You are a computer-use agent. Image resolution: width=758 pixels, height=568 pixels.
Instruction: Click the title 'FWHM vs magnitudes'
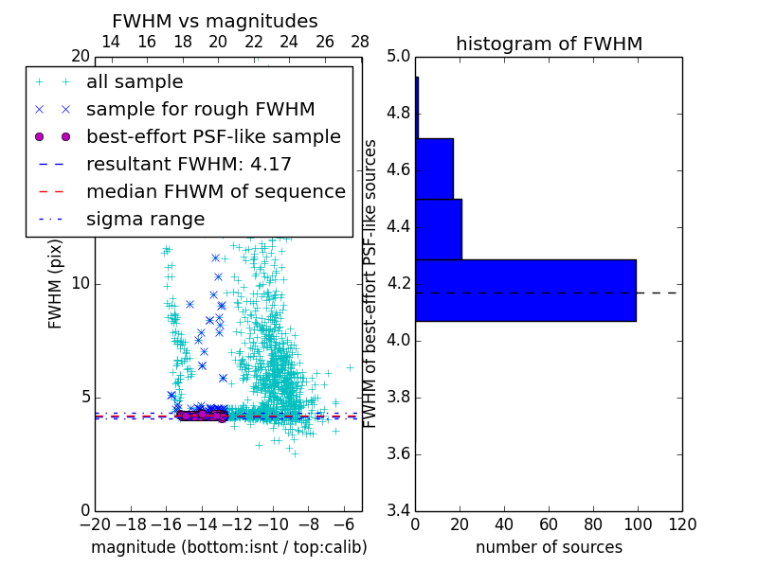(x=215, y=21)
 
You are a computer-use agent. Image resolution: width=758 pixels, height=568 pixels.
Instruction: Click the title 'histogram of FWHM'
(x=549, y=44)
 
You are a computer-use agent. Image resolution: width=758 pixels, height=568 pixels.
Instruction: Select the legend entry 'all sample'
(x=135, y=82)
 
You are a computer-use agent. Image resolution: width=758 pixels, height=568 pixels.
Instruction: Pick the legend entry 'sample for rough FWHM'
(x=200, y=109)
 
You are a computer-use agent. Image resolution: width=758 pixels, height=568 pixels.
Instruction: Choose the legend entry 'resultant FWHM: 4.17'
(x=189, y=164)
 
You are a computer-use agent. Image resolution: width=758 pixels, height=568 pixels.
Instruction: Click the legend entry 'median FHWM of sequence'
(x=215, y=191)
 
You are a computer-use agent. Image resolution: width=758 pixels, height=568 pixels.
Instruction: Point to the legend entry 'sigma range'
(x=145, y=219)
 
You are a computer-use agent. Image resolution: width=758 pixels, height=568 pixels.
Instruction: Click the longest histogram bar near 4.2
(x=525, y=290)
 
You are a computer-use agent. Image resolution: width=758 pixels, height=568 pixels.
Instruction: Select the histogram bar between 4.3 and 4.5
(x=438, y=229)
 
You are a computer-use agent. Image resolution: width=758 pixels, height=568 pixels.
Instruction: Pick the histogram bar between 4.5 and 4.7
(x=434, y=169)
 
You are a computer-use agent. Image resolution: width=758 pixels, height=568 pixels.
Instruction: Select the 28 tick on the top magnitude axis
(x=360, y=42)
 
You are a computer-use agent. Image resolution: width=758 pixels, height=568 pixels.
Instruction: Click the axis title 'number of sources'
(x=549, y=547)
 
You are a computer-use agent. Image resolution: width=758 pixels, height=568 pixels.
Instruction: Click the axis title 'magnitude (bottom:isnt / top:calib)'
(x=228, y=547)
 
